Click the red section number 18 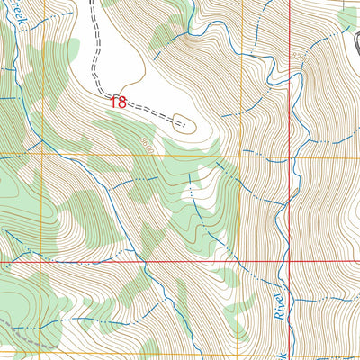pos(119,103)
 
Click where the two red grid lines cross pos(289,261)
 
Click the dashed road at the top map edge pos(93,3)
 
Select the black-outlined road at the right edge pos(355,40)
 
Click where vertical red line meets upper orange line pos(289,155)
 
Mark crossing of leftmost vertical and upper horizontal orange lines pos(40,155)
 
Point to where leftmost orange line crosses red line pos(40,261)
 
